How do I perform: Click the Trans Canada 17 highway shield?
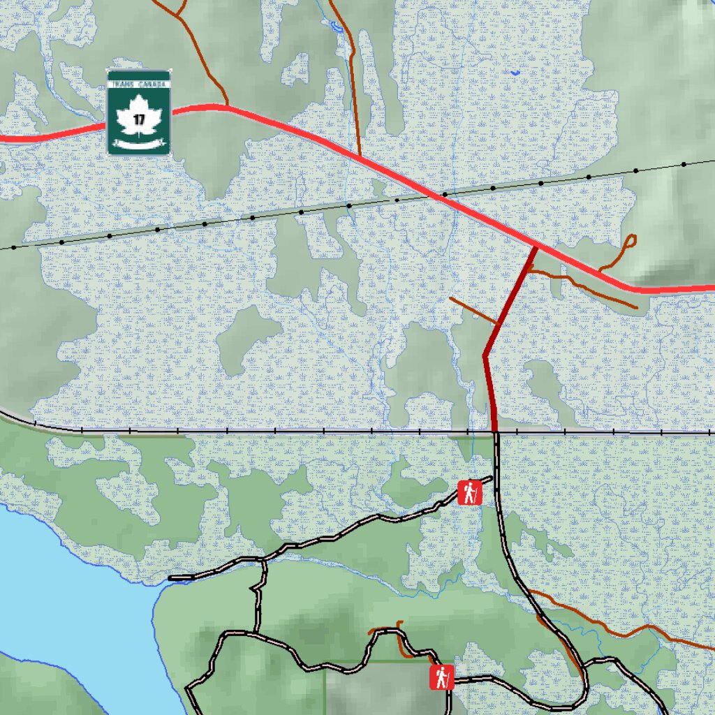click(x=139, y=112)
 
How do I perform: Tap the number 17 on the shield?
click(x=139, y=119)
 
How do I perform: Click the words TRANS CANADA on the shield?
click(x=139, y=84)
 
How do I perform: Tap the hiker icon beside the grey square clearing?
click(x=441, y=677)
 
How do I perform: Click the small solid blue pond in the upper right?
click(x=515, y=72)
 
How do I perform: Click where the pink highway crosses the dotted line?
click(x=438, y=196)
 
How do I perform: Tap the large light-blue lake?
click(x=63, y=600)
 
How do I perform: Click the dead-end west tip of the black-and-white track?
click(x=171, y=578)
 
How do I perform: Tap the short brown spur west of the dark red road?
click(x=473, y=311)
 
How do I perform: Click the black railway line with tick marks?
click(x=279, y=432)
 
